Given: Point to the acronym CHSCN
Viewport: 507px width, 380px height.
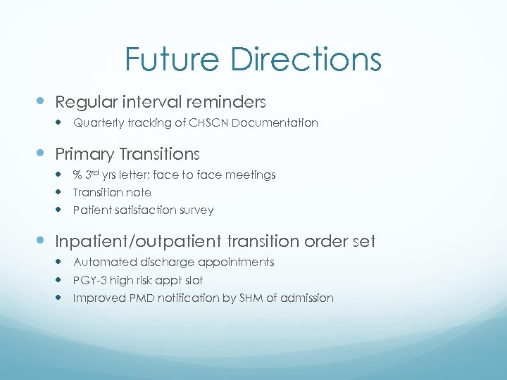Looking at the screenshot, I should point(213,123).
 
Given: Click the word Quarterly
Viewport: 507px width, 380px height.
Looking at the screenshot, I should point(98,123).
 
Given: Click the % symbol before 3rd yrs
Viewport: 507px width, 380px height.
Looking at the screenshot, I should point(77,175).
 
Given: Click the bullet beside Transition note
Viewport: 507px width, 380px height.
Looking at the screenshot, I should point(61,192).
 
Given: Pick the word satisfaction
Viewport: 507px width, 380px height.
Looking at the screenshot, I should point(143,210).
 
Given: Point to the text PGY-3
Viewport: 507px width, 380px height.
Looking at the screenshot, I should point(89,280).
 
